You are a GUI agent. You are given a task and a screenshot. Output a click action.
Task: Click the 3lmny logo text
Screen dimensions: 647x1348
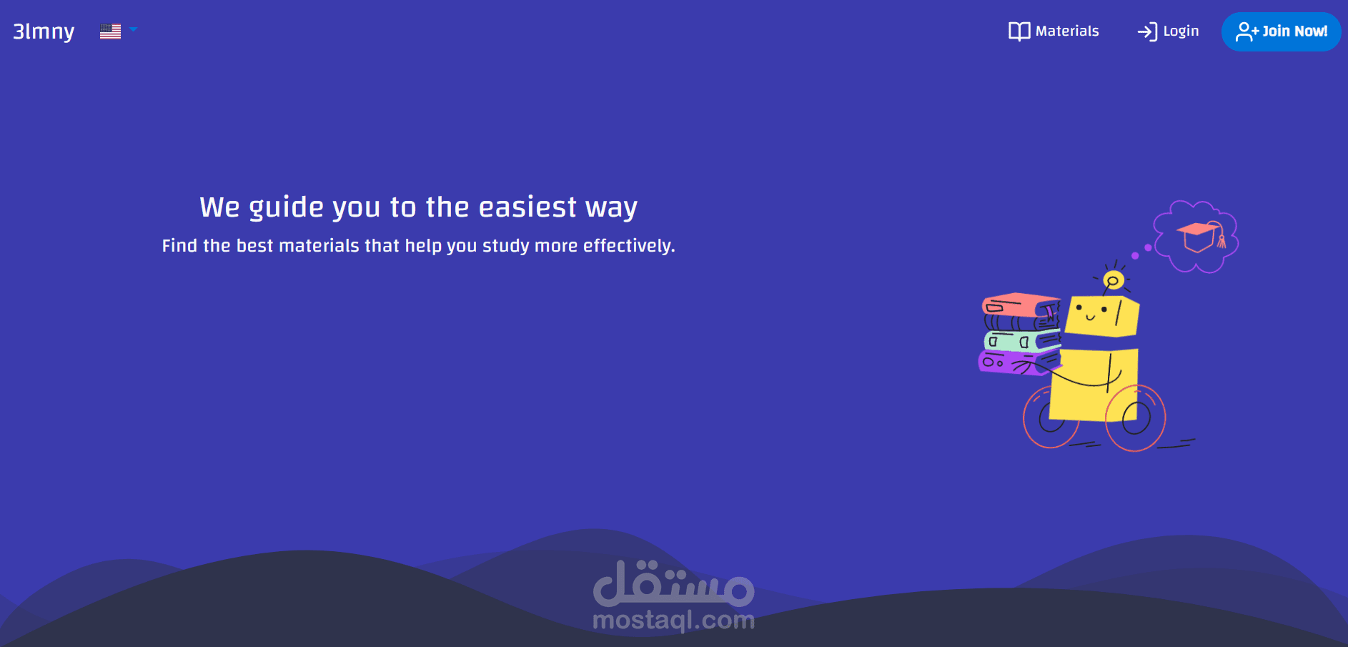click(44, 31)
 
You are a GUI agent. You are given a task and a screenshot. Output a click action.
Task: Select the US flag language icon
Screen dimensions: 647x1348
click(110, 31)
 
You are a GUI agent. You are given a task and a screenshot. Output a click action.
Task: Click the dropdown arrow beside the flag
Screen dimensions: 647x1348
click(133, 30)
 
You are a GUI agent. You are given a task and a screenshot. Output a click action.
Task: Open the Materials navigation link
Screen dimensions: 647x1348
click(1066, 31)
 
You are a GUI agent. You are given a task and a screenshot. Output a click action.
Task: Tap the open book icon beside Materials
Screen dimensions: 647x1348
click(1019, 31)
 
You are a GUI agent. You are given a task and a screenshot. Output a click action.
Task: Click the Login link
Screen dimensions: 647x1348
click(1180, 31)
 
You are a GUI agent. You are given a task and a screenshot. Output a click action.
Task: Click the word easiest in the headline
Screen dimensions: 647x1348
click(527, 207)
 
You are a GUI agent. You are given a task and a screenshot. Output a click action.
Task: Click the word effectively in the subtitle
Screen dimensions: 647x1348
click(628, 246)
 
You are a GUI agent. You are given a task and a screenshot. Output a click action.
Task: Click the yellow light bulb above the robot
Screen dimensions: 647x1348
click(1113, 280)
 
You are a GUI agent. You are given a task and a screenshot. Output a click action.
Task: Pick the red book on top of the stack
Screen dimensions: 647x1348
click(1020, 305)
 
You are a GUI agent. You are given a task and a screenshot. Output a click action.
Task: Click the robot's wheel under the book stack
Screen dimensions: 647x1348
click(1051, 419)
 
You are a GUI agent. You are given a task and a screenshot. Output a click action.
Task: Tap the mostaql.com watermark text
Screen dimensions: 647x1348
click(673, 620)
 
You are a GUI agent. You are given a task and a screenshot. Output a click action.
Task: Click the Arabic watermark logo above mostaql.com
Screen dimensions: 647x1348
click(673, 583)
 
